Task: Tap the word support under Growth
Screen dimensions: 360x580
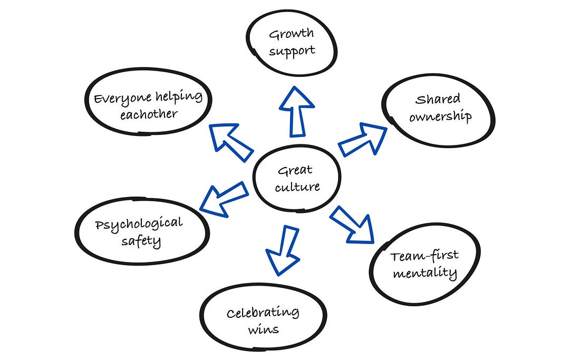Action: click(291, 52)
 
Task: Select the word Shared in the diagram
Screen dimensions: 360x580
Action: click(438, 99)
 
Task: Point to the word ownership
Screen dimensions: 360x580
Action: click(440, 116)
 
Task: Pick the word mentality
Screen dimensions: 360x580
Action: click(424, 274)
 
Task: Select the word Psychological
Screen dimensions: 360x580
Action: click(139, 224)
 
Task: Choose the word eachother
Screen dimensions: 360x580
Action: click(148, 114)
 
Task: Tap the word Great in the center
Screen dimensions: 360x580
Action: click(295, 170)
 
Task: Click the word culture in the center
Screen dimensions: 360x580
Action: click(297, 187)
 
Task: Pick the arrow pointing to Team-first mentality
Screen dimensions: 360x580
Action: click(353, 223)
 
